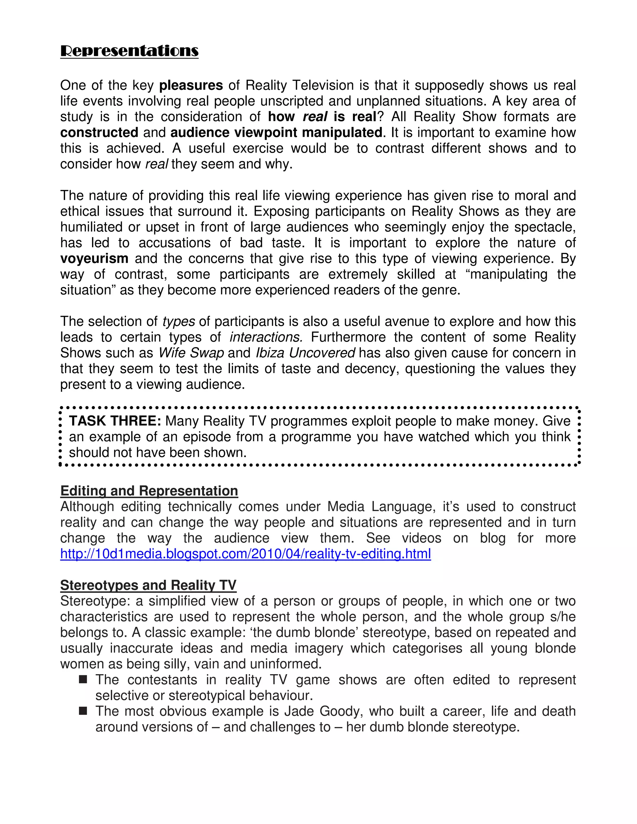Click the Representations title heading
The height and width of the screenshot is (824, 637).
129,51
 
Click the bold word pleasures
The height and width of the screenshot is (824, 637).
191,85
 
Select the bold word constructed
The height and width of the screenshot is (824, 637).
99,132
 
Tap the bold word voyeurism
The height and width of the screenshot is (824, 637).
94,258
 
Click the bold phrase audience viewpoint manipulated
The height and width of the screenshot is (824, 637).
276,132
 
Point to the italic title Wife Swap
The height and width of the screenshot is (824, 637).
191,353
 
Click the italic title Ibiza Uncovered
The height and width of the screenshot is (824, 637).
305,353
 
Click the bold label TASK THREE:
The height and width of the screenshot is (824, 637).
115,421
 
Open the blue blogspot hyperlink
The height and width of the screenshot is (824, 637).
245,553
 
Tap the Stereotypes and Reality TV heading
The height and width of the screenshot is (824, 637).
148,585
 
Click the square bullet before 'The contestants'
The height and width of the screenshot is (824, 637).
83,679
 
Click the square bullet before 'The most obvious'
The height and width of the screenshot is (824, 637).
83,711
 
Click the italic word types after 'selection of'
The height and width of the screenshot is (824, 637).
179,322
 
